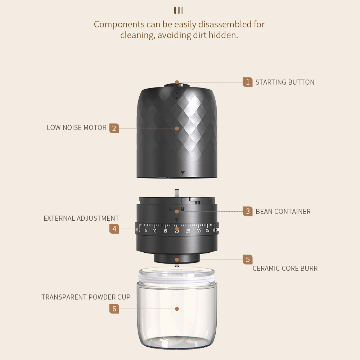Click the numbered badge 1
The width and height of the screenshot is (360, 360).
pos(248,82)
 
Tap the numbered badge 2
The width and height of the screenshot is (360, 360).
pos(114,129)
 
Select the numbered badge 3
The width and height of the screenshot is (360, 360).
pos(248,211)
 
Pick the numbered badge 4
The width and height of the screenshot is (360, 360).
pos(114,229)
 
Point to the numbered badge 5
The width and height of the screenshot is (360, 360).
pos(248,260)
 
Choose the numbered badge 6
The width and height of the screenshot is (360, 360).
pos(114,309)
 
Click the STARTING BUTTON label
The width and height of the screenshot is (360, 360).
pos(285,82)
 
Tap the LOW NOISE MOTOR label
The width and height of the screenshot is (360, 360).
pos(77,128)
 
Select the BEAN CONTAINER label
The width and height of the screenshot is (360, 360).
pos(283,211)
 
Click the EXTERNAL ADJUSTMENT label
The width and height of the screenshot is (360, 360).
pos(81,219)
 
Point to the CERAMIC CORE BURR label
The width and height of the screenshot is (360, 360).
pos(285,269)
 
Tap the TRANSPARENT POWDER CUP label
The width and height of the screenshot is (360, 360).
pos(86,297)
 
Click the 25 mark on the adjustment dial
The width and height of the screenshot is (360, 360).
pos(188,231)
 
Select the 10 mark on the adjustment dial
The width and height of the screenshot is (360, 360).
pos(155,231)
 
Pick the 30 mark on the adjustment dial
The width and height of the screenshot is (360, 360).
pos(199,231)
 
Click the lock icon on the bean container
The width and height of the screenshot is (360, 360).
pos(183,208)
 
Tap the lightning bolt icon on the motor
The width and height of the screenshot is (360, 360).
pos(176,93)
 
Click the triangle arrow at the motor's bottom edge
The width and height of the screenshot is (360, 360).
pos(183,173)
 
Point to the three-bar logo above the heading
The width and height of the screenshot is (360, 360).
pos(179,10)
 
